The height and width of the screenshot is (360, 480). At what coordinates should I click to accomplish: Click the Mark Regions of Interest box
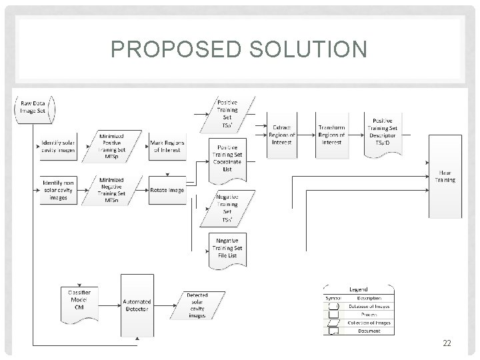(167, 146)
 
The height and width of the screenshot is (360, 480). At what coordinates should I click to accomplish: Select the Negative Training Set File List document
(227, 248)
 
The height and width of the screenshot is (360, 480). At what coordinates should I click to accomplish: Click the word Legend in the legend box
(361, 291)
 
